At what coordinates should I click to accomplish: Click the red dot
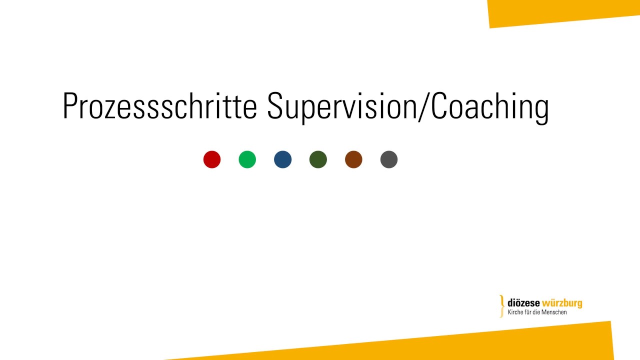tap(212, 159)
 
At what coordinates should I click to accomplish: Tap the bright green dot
tap(247, 159)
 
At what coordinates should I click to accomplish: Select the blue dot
tap(282, 159)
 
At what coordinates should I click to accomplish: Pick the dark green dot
tap(318, 159)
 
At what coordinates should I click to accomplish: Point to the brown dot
tap(353, 159)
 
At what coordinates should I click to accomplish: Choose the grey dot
tap(389, 159)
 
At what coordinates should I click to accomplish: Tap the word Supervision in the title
tap(341, 106)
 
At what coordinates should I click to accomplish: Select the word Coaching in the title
tap(489, 106)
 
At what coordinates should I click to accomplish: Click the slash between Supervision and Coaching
tap(423, 106)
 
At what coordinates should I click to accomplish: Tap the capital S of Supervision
tap(276, 106)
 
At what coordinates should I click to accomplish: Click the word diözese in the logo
tap(523, 303)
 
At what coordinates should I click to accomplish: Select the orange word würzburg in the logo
tap(562, 303)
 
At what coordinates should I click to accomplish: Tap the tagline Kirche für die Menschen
tap(537, 312)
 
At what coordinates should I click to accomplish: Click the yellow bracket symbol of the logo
tap(502, 306)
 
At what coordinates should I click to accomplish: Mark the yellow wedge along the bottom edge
tap(450, 345)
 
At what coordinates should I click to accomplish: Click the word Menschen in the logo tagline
tap(555, 312)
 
